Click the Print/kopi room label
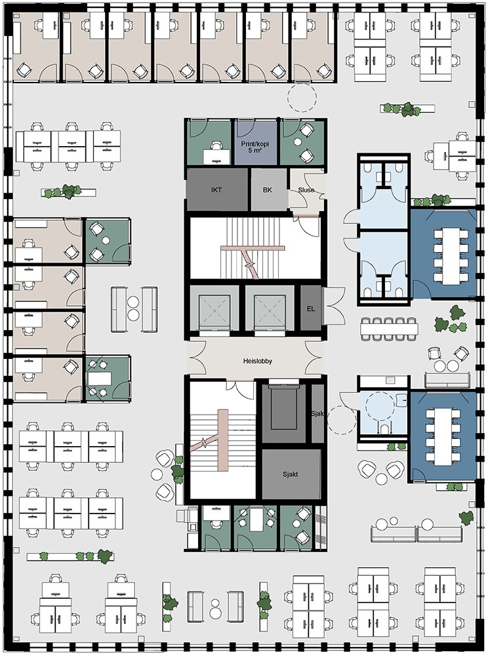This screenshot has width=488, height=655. click(254, 143)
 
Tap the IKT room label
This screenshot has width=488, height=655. click(216, 190)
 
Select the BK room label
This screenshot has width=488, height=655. click(268, 190)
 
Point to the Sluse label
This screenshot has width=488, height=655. click(306, 190)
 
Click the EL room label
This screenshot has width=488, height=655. click(311, 309)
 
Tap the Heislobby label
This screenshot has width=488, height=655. click(258, 361)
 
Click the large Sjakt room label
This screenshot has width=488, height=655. click(289, 474)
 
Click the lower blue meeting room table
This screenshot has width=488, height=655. click(443, 436)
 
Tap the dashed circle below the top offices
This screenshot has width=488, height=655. click(302, 97)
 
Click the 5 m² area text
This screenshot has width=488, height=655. click(255, 151)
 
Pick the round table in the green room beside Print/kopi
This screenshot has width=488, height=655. click(298, 142)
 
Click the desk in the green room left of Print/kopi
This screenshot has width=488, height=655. click(216, 157)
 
